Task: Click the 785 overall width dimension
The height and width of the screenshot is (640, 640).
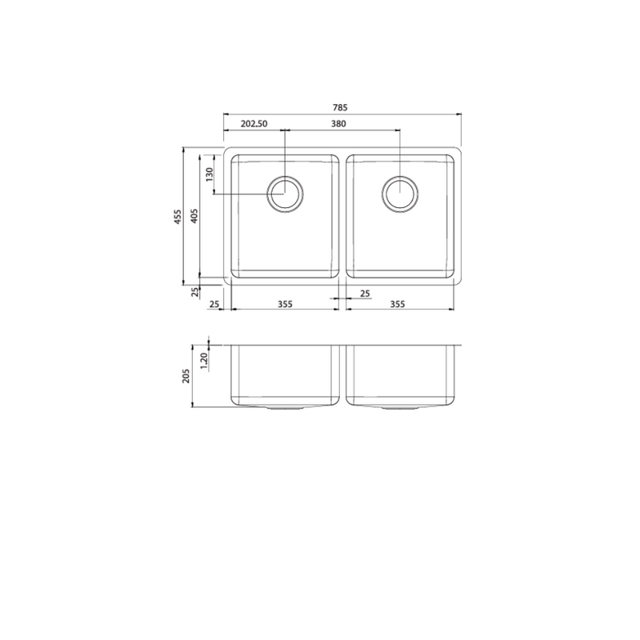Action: (339, 107)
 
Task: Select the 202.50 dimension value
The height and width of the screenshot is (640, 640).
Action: (254, 123)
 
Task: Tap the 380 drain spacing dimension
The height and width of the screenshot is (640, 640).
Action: (338, 123)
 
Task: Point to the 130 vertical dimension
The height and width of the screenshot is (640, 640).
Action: (210, 174)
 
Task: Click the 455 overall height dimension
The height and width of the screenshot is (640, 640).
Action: (178, 217)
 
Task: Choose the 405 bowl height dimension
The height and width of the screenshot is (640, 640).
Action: (194, 215)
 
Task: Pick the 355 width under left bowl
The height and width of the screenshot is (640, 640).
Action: (285, 304)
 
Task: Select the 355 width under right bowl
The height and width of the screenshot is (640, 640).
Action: (398, 304)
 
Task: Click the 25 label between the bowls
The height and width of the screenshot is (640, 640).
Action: (365, 294)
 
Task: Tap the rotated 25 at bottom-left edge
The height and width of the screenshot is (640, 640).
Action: (195, 291)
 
